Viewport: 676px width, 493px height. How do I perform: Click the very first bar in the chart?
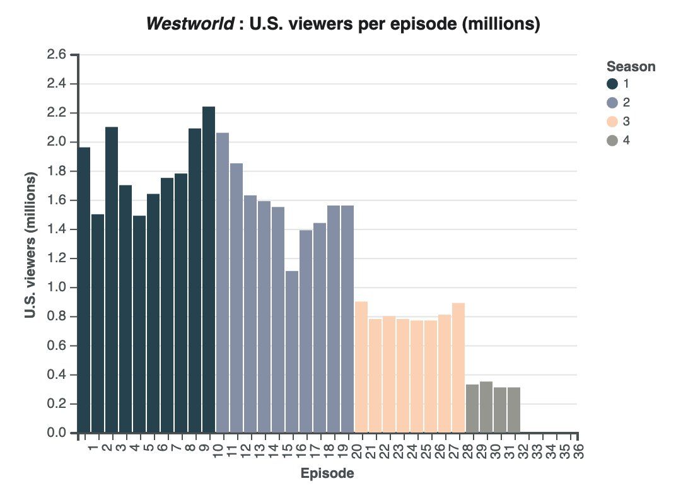click(84, 290)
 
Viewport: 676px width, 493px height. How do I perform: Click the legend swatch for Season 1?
click(612, 84)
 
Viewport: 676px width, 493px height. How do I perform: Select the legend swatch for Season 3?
click(612, 122)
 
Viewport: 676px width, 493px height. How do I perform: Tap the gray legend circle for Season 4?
click(612, 141)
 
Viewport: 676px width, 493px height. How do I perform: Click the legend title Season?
click(631, 66)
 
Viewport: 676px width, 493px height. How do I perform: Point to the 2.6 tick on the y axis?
click(57, 55)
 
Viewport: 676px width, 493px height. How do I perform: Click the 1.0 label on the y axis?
click(57, 288)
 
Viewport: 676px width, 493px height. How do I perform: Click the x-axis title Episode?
click(327, 473)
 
